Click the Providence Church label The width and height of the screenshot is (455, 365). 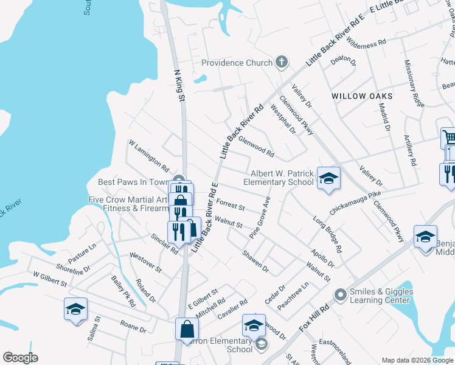coord(237,63)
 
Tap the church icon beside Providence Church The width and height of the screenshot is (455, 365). coord(281,62)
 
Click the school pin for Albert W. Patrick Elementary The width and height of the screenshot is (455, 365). coord(328,178)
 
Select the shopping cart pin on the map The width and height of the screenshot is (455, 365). coord(449,137)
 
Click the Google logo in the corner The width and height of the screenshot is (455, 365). coord(20,357)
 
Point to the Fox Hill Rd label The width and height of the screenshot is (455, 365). coord(314,319)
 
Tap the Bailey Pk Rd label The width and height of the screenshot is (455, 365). coord(123,291)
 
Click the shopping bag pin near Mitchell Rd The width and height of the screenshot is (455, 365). coord(187,328)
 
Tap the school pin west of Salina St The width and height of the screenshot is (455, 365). coord(76,310)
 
